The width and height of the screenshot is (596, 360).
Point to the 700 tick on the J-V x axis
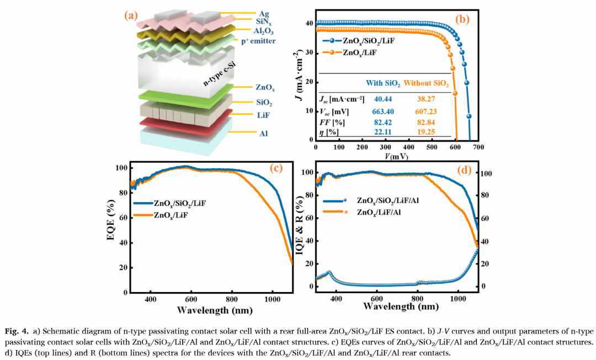(478, 149)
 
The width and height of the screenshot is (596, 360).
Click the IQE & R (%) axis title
(300, 229)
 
